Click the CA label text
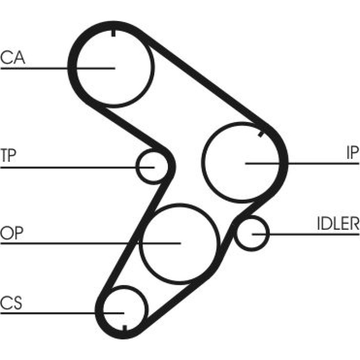pyautogui.click(x=13, y=58)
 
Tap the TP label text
pyautogui.click(x=8, y=155)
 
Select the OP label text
pyautogui.click(x=12, y=233)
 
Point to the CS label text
pyautogui.click(x=11, y=303)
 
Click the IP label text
pyautogui.click(x=353, y=153)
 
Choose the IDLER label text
pyautogui.click(x=338, y=223)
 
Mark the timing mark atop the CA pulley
pyautogui.click(x=113, y=33)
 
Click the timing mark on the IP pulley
pyautogui.click(x=261, y=133)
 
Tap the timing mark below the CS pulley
pyautogui.click(x=125, y=329)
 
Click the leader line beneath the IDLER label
pyautogui.click(x=306, y=234)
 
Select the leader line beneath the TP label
pyautogui.click(x=77, y=167)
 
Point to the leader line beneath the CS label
pyautogui.click(x=62, y=313)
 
